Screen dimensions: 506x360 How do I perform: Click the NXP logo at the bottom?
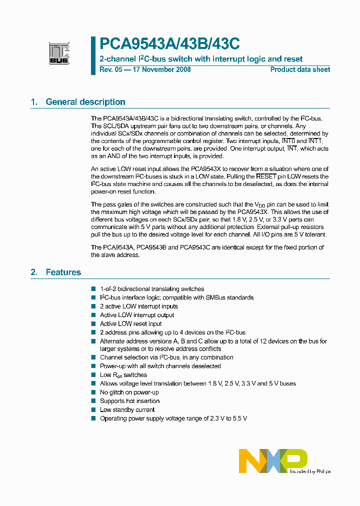(x=272, y=460)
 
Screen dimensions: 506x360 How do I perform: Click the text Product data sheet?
(x=300, y=69)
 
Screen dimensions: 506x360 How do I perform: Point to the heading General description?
(x=85, y=102)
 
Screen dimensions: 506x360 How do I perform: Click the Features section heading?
(x=63, y=272)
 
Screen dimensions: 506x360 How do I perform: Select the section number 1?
(x=34, y=102)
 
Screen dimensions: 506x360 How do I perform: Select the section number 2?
(x=34, y=272)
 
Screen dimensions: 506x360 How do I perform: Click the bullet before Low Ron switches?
(x=93, y=374)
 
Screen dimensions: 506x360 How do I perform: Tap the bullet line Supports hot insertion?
(x=129, y=401)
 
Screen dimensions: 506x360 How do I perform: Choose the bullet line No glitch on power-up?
(x=129, y=392)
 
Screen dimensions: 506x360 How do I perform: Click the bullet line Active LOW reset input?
(x=130, y=323)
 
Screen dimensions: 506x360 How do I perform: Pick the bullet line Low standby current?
(x=127, y=409)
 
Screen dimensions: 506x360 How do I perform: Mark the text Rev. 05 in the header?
(x=110, y=69)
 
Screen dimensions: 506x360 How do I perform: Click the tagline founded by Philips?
(x=310, y=471)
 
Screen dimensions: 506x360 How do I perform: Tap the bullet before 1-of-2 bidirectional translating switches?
(x=93, y=289)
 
